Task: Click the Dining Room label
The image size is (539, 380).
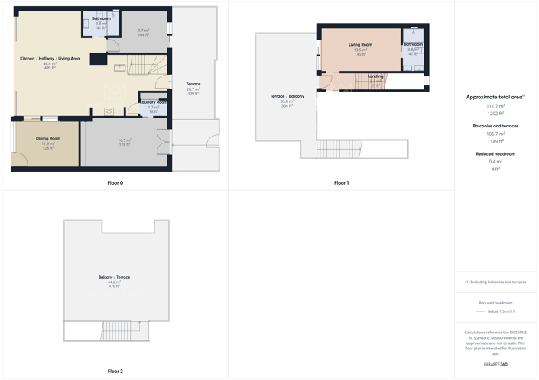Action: [48, 139]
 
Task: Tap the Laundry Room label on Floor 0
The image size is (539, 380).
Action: [154, 102]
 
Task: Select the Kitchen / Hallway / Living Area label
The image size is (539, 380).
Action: [50, 58]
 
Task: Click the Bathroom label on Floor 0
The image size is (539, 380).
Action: [101, 18]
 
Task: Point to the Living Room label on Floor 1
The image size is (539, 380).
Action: [360, 45]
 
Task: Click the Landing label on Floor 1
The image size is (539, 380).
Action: [375, 76]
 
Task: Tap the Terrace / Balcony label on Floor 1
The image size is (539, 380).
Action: [287, 96]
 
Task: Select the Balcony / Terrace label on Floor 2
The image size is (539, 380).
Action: [114, 277]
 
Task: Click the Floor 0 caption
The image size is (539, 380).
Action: [115, 183]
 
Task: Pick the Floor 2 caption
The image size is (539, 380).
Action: [115, 372]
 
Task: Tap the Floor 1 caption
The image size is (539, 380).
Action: [341, 183]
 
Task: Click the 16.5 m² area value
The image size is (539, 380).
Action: [125, 140]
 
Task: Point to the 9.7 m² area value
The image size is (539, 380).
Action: [143, 31]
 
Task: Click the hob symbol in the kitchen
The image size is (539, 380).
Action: [109, 111]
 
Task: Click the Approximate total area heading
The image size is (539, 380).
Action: [495, 97]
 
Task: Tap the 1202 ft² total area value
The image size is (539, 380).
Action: [495, 114]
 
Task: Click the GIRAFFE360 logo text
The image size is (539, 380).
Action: [495, 365]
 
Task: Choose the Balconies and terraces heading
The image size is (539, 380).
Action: [495, 126]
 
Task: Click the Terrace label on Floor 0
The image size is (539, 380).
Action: [193, 84]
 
